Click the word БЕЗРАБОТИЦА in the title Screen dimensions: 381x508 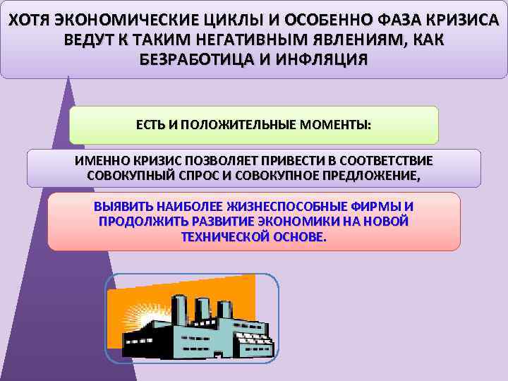click(188, 59)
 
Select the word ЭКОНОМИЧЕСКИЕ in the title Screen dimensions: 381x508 click(119, 18)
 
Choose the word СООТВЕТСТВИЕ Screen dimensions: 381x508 click(381, 162)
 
